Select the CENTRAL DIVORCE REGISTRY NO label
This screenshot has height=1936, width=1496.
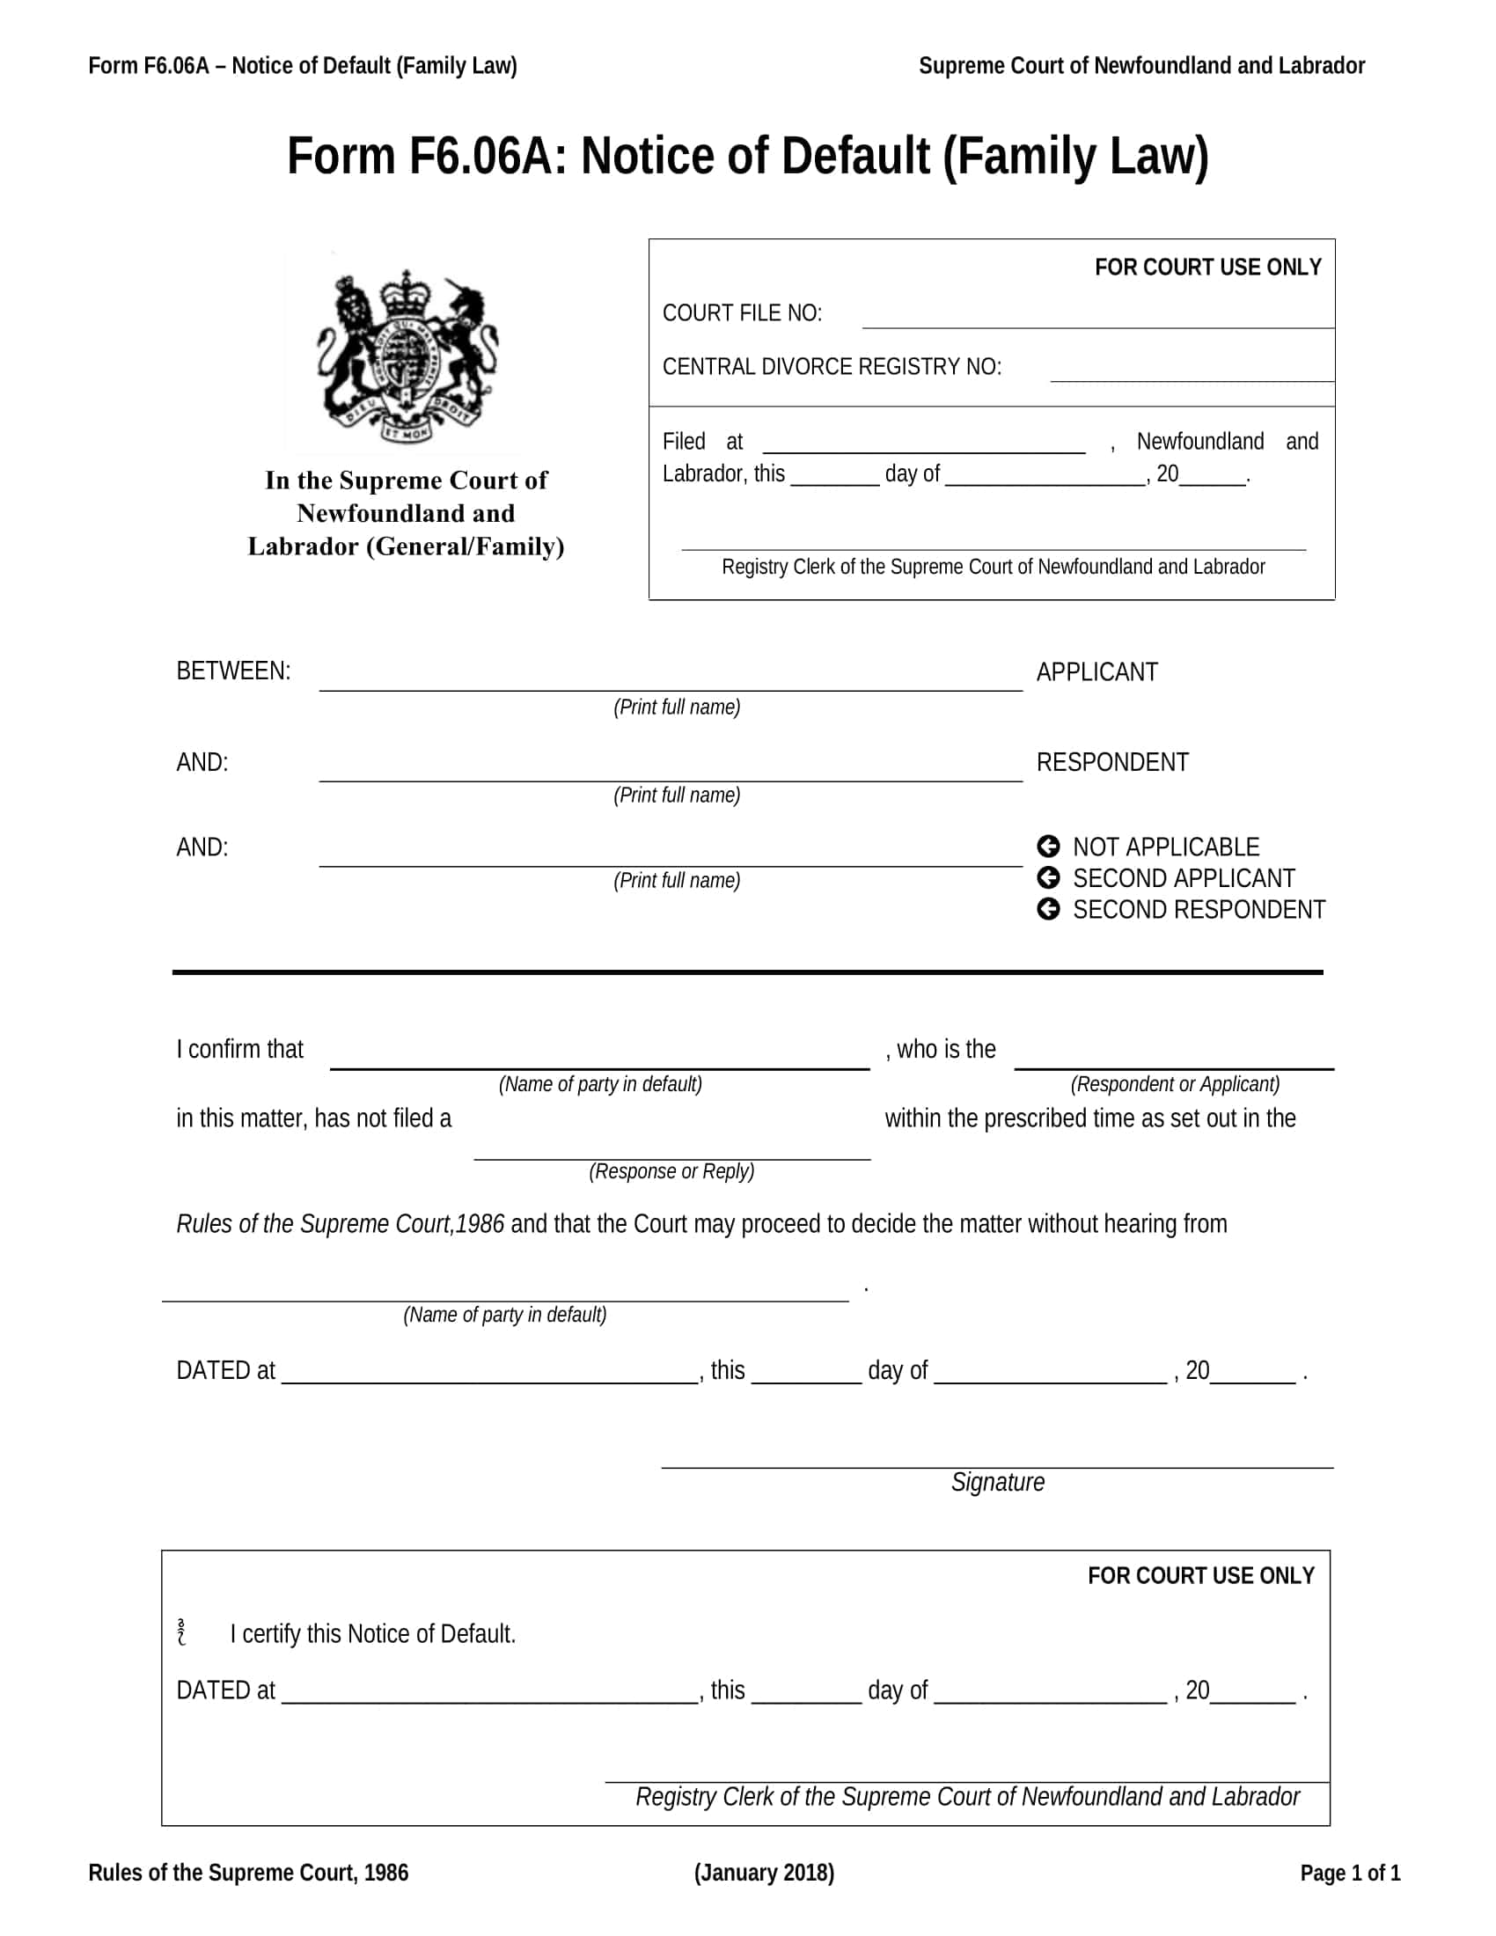tap(832, 367)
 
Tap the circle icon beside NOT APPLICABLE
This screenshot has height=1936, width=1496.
tap(1047, 847)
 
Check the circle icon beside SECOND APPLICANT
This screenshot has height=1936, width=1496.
tap(1047, 877)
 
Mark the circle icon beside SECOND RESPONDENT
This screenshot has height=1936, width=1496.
tap(1047, 910)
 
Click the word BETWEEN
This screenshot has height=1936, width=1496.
tap(233, 671)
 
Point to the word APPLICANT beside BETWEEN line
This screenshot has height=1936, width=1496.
tap(1096, 672)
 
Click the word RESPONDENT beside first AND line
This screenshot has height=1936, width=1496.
tap(1111, 762)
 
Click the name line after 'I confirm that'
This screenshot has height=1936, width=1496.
tap(599, 1060)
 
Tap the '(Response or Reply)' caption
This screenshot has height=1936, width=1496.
tap(671, 1171)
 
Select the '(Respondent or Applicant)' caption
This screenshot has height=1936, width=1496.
tap(1174, 1084)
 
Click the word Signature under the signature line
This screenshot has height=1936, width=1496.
tap(997, 1482)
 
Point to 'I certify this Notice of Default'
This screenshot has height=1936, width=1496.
tap(372, 1634)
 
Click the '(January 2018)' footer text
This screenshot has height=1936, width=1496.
tap(764, 1872)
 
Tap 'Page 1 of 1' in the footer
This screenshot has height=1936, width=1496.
tap(1350, 1872)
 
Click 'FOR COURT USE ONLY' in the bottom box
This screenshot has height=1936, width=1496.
tap(1200, 1575)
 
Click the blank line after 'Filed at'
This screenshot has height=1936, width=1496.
tap(923, 446)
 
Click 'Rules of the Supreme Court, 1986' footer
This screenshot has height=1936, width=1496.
tap(248, 1872)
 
